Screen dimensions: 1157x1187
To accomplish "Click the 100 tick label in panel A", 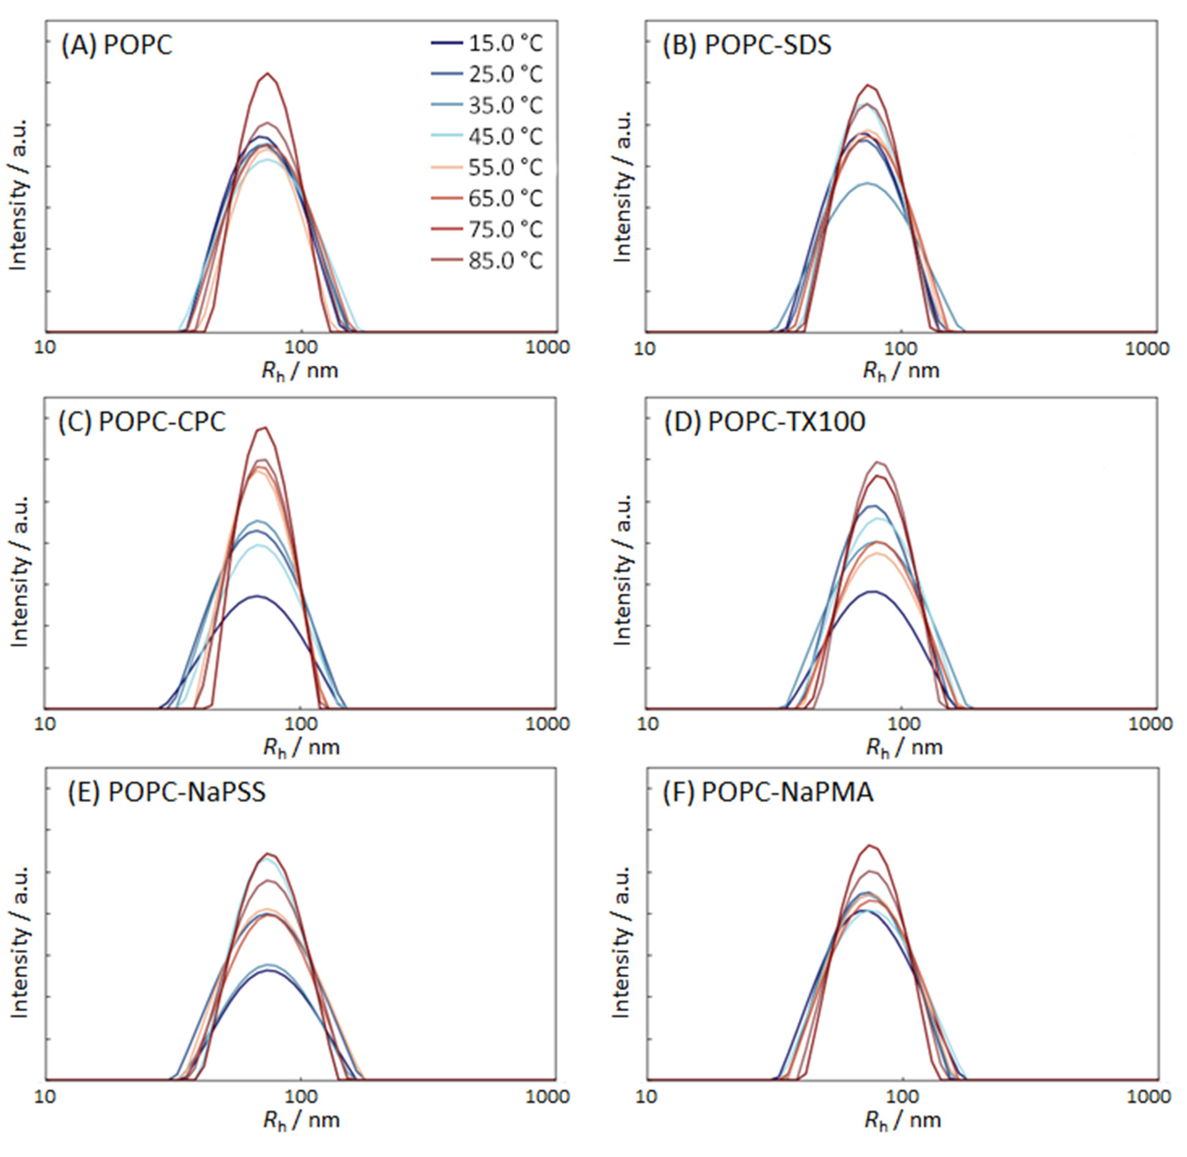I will tap(301, 347).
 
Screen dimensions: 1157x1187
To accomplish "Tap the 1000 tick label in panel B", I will tap(1151, 348).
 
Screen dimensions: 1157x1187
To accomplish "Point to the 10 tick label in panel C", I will tap(44, 724).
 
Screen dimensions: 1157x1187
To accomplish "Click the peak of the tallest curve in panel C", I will tap(263, 427).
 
